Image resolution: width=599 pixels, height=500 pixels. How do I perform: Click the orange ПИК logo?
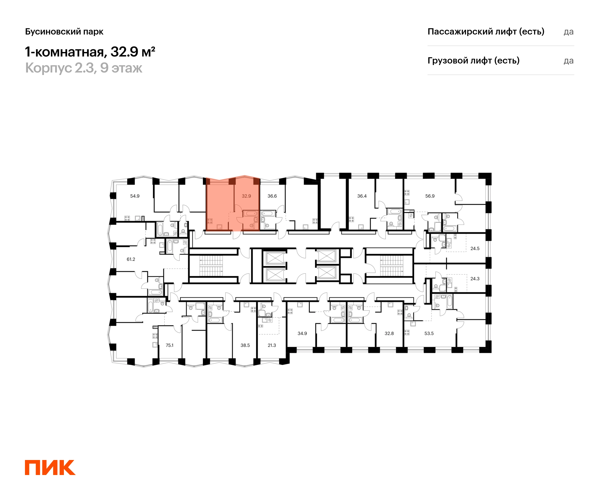point(50,467)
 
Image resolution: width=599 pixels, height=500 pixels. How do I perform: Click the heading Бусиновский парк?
point(64,31)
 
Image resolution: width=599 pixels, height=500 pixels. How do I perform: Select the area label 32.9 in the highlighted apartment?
point(246,196)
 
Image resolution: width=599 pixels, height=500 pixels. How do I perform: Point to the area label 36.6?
point(272,196)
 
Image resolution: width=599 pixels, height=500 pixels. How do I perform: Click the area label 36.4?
point(362,196)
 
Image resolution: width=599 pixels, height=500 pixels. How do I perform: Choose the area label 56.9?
point(430,196)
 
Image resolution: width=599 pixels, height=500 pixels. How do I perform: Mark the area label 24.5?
point(475,248)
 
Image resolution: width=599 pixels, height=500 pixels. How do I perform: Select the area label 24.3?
point(475,278)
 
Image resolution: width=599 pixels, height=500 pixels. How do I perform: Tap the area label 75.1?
point(170,345)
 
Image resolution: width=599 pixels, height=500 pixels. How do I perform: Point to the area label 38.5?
point(245,345)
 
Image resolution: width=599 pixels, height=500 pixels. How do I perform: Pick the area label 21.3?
point(272,345)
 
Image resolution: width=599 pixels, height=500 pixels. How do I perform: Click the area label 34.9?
point(302,333)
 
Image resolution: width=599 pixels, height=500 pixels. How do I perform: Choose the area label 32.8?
point(389,333)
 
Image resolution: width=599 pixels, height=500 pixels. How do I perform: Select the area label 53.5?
point(429,333)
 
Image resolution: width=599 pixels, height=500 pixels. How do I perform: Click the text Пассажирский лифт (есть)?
point(486,31)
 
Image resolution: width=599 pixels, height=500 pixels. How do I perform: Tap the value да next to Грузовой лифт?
point(569,61)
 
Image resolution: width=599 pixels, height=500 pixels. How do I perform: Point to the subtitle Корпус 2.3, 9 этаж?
point(84,68)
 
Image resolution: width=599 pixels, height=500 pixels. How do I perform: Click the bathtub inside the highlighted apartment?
point(250,213)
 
